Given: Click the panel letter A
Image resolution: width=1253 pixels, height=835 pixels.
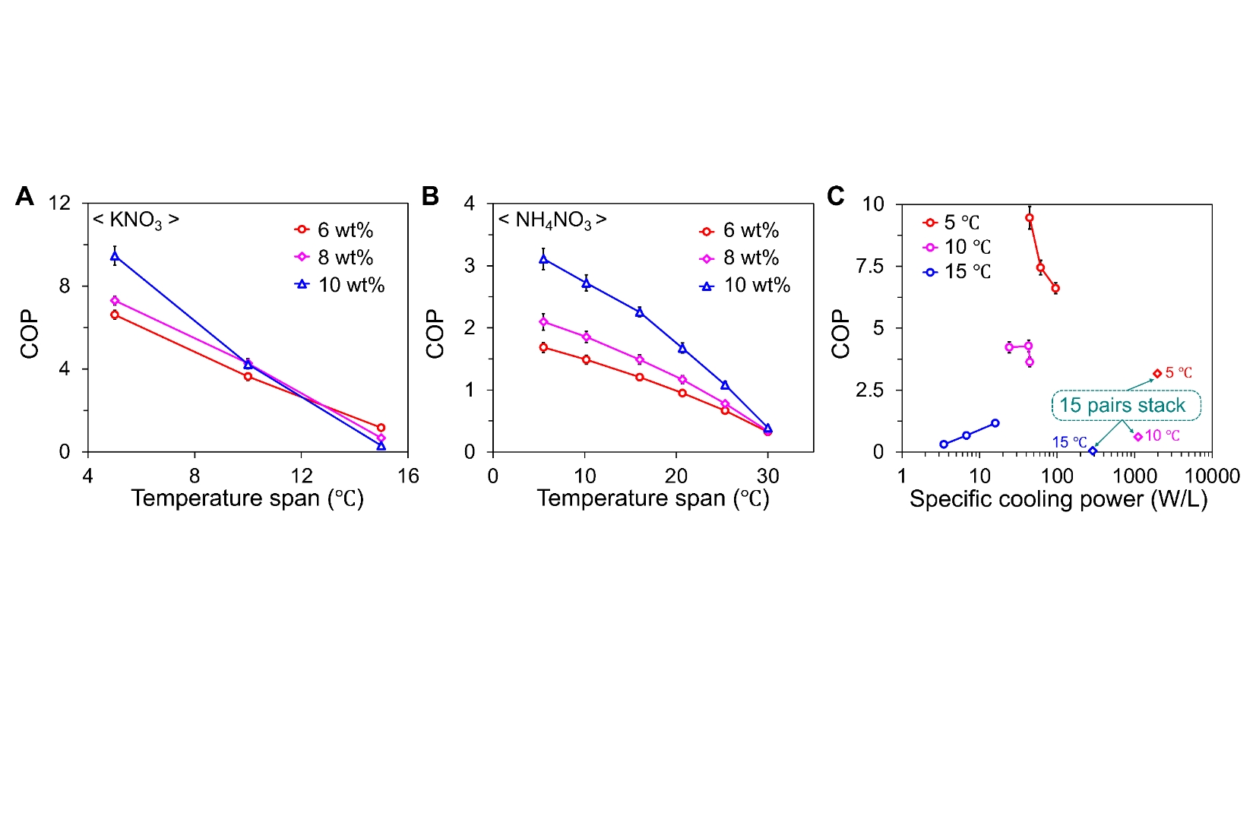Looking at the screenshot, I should pos(25,196).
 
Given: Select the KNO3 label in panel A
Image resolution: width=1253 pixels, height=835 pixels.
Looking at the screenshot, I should pos(136,220).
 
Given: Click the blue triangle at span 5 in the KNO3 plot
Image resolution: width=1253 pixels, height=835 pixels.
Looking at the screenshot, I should pos(115,257).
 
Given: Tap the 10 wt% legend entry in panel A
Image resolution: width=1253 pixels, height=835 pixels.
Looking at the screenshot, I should pos(340,285).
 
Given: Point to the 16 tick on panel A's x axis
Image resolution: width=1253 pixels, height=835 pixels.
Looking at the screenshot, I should pos(408,476).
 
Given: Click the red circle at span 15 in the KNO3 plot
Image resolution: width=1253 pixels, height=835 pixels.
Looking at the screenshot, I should pos(381,428).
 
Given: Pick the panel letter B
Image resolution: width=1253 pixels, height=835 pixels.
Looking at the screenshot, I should pos(430,196).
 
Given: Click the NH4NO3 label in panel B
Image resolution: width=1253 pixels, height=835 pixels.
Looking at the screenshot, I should pos(552,220).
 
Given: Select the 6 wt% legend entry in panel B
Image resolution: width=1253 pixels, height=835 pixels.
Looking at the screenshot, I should pos(739,230).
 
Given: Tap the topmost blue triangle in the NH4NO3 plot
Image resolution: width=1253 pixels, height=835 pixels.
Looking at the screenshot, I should pos(543,259).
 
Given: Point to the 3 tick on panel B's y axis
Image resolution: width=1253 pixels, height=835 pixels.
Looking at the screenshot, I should pos(470,265).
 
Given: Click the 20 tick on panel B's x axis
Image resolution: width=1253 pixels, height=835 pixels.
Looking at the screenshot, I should pos(676,476).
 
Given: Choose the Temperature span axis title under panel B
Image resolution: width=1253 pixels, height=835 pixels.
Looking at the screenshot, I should pos(653,498).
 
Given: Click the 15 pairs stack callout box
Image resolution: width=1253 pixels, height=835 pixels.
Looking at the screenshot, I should pos(1126,405).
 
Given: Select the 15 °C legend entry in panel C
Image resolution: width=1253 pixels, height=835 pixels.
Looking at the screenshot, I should pos(957,271).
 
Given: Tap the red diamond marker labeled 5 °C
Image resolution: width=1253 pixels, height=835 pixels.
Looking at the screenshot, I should pos(1157,373).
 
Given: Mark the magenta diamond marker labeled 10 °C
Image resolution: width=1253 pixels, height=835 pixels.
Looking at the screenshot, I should pos(1138,437).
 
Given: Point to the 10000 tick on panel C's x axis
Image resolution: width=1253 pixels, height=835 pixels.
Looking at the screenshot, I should pos(1212,476).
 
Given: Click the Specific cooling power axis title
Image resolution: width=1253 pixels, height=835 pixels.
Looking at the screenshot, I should pos(1058,499).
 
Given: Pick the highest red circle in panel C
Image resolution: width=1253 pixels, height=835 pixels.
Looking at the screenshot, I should pos(1030,218).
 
